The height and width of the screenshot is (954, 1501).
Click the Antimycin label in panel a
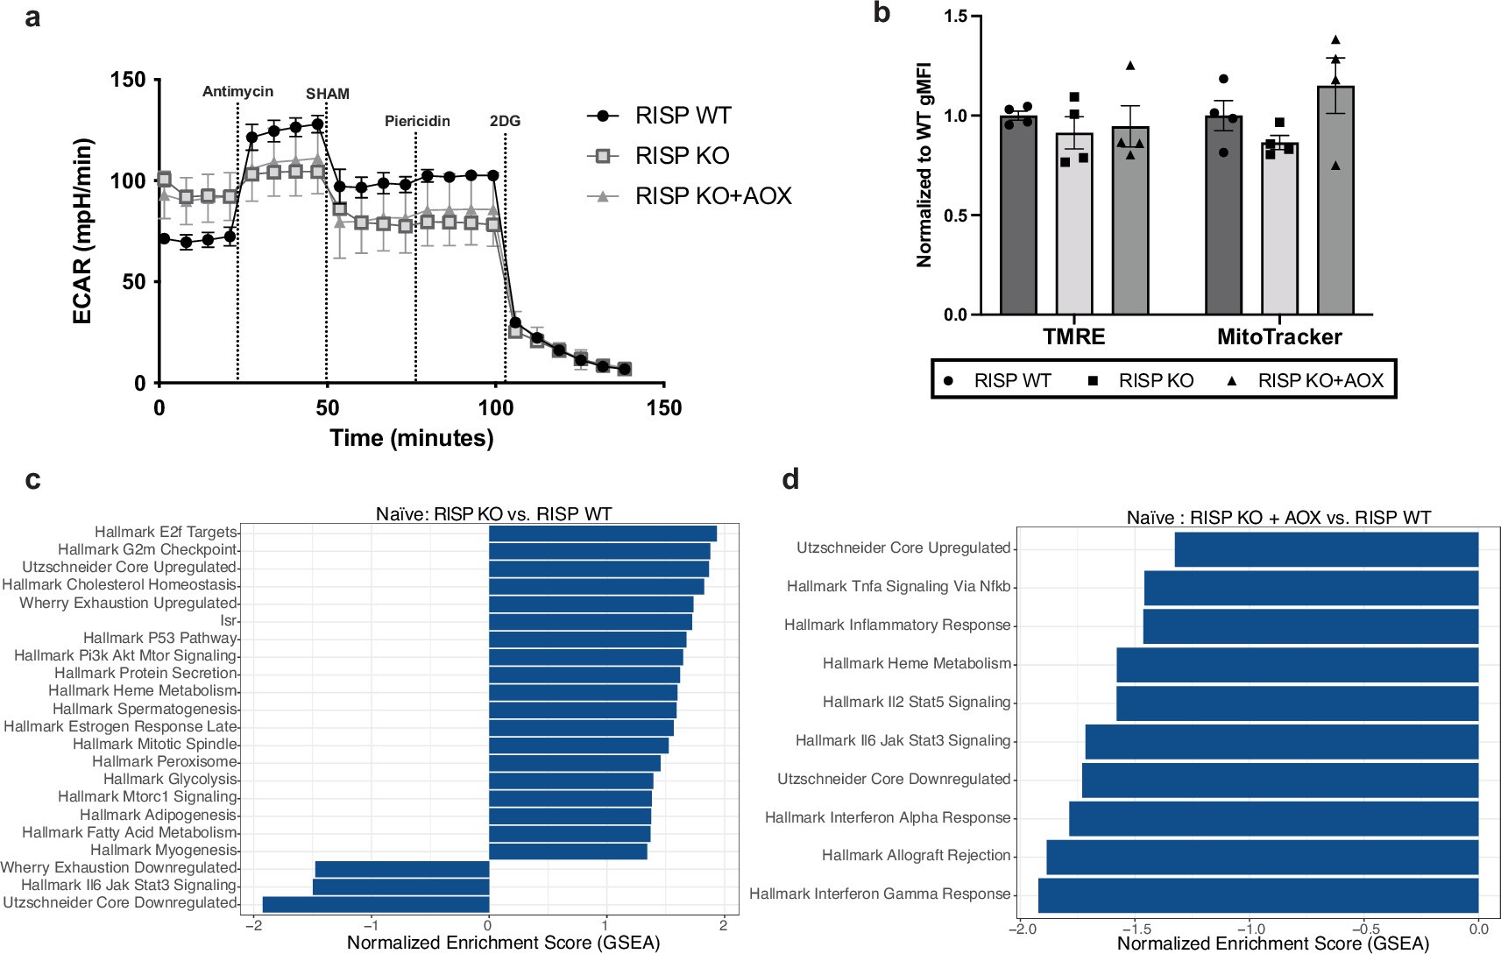(x=237, y=92)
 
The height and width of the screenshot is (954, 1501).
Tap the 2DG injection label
(x=505, y=121)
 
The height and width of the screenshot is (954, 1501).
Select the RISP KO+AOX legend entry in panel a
(x=690, y=196)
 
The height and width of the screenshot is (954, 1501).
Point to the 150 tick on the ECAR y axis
(x=128, y=80)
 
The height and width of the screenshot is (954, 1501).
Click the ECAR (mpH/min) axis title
(x=82, y=231)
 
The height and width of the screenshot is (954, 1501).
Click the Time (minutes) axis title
(x=411, y=438)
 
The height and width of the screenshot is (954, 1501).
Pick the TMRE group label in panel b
(x=1073, y=337)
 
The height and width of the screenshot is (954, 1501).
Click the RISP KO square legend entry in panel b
(x=1141, y=381)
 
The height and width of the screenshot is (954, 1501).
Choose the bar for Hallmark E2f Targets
(x=602, y=534)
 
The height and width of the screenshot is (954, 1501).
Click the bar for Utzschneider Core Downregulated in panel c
(x=375, y=904)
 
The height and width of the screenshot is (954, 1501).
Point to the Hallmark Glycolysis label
(x=170, y=779)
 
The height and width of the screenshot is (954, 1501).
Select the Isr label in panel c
(x=229, y=620)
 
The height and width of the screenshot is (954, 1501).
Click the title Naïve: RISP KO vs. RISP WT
(x=493, y=514)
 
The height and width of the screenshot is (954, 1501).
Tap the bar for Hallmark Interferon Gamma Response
(x=1257, y=895)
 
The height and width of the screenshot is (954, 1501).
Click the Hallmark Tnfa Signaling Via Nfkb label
(x=898, y=586)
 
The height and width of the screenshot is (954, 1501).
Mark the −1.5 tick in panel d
(x=1136, y=929)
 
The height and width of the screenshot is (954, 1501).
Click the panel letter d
(x=790, y=479)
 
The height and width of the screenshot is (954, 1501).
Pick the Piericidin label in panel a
(x=417, y=121)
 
